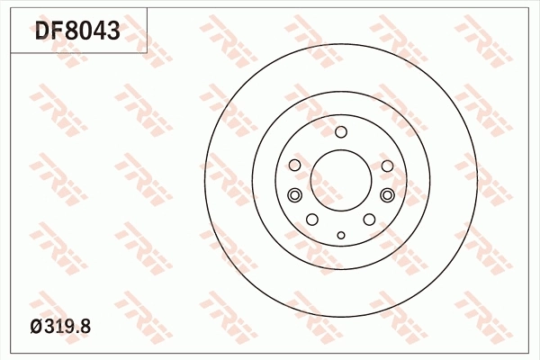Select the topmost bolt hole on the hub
pos(340,133)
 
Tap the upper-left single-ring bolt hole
pos(295,166)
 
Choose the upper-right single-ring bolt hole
pos(386,166)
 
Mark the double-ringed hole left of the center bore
pos(293,195)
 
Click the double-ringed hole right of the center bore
pos(388,195)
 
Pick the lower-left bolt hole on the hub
pos(312,220)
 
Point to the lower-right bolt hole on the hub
pos(369,220)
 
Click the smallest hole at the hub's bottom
pos(340,236)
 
